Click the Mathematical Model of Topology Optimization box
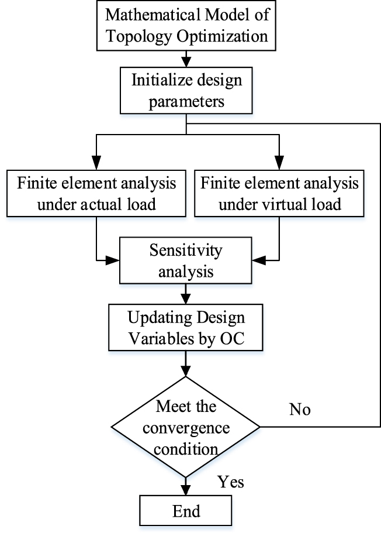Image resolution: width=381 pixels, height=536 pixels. click(186, 25)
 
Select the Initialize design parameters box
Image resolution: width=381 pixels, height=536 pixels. click(186, 89)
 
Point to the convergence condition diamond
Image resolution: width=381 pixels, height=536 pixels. click(186, 428)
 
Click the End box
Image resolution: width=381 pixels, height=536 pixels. click(186, 511)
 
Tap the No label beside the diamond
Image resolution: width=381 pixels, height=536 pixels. click(300, 409)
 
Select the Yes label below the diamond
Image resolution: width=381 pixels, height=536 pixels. click(231, 482)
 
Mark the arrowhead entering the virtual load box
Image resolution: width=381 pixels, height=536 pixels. click(279, 164)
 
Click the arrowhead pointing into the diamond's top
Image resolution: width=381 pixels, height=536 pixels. click(186, 373)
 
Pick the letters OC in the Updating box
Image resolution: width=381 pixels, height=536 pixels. click(237, 340)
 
